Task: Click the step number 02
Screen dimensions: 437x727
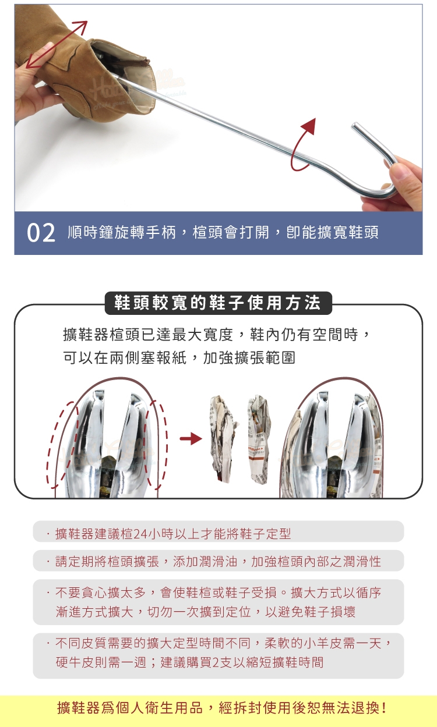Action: point(41,233)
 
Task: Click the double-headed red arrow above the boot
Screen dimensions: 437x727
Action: point(57,45)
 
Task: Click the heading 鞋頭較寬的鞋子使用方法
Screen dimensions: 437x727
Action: point(218,303)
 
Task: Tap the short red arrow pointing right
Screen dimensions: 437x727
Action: point(191,439)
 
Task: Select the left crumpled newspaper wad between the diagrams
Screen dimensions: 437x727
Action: point(223,438)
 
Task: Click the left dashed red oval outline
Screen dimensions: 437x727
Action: point(62,445)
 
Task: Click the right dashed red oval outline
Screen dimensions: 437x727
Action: point(157,445)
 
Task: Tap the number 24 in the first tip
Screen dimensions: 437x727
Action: point(140,534)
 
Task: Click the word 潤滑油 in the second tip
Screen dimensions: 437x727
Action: point(218,561)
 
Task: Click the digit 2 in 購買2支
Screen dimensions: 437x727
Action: point(216,662)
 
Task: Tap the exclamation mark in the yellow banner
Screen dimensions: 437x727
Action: point(384,708)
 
